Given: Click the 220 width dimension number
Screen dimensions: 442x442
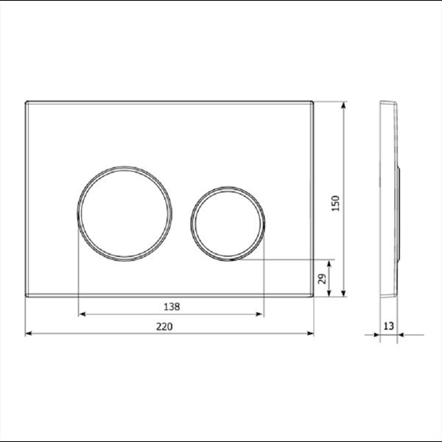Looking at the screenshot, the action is (164, 326).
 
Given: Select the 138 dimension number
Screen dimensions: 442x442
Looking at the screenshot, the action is (172, 306).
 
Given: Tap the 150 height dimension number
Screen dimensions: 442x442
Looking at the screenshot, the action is (336, 203).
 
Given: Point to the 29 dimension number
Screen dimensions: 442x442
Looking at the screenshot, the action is (323, 278).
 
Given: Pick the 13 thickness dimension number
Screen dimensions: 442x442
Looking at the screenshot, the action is (388, 326).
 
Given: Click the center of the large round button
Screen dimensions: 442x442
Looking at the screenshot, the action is (124, 214).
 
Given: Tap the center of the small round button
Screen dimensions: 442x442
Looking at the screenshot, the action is (228, 223).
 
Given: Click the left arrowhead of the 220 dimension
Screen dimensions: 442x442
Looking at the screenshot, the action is (29, 334).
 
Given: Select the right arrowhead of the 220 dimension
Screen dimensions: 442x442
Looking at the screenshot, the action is (310, 334).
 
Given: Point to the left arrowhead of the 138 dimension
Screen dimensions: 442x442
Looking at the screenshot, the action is (82, 314).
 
